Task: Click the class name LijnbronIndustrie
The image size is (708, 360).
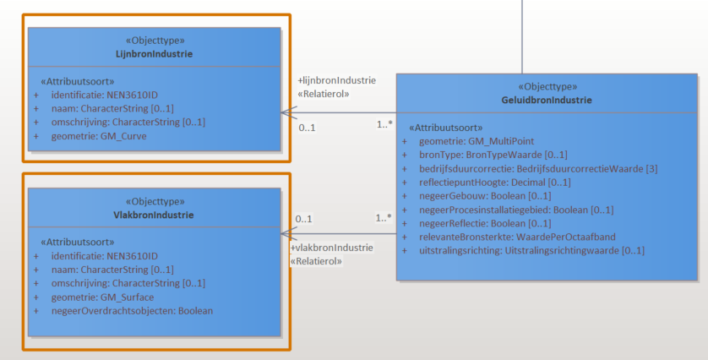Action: pos(154,54)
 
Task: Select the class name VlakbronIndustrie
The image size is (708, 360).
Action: pos(154,215)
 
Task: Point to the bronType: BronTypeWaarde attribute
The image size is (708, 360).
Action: pos(493,155)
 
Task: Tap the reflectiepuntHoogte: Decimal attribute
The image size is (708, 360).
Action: pos(494,183)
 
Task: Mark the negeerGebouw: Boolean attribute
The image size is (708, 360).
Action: pos(485,196)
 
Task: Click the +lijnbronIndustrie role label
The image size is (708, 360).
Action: pos(336,80)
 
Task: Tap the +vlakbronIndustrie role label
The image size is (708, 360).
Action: pos(331,248)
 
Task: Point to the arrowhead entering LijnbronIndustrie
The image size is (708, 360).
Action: pos(286,112)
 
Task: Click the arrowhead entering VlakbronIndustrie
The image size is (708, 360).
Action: pos(286,233)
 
